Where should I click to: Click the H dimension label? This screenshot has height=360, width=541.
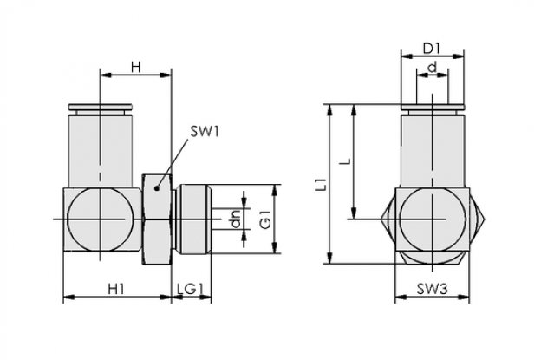pyautogui.click(x=136, y=68)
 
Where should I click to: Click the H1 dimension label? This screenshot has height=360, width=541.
pyautogui.click(x=116, y=289)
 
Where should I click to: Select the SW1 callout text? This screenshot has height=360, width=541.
pyautogui.click(x=205, y=132)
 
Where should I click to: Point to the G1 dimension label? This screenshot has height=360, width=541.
pyautogui.click(x=265, y=219)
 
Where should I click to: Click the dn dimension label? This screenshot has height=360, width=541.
pyautogui.click(x=236, y=219)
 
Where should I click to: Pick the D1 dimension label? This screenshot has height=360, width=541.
pyautogui.click(x=432, y=49)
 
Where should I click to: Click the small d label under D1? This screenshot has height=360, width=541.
pyautogui.click(x=432, y=68)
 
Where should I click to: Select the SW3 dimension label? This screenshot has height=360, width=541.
pyautogui.click(x=433, y=289)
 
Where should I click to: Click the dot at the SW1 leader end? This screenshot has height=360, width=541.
pyautogui.click(x=157, y=188)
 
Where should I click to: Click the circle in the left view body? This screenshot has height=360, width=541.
pyautogui.click(x=100, y=219)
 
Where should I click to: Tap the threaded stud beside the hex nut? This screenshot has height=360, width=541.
pyautogui.click(x=192, y=219)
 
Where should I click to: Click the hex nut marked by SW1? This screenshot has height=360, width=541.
pyautogui.click(x=157, y=219)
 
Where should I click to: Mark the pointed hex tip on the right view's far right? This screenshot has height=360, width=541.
pyautogui.click(x=485, y=219)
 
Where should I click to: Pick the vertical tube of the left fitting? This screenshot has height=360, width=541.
pyautogui.click(x=100, y=151)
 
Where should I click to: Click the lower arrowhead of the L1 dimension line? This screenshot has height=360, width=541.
pyautogui.click(x=330, y=259)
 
